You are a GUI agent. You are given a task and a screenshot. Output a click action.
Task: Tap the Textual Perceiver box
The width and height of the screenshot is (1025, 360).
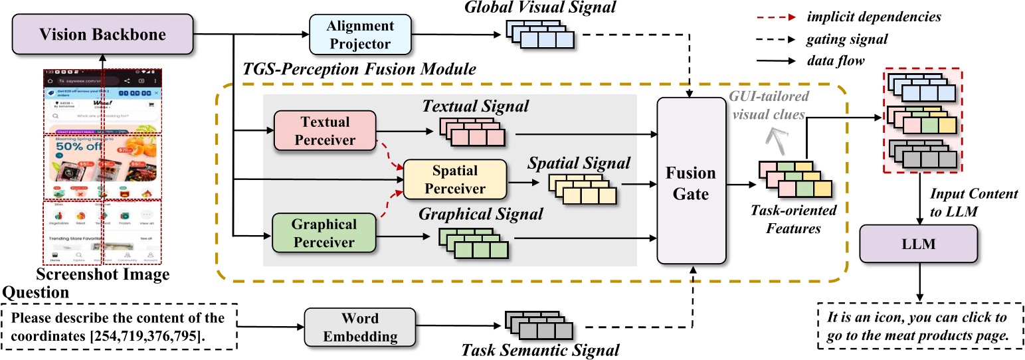324,130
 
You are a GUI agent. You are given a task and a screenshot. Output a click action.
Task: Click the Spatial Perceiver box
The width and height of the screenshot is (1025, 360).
455,179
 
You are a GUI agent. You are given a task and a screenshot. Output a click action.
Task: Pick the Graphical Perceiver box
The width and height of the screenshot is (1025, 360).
324,233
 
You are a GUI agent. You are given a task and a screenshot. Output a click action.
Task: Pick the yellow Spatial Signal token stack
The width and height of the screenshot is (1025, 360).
582,189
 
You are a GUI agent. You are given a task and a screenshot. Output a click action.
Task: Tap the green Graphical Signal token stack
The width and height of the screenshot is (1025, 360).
473,242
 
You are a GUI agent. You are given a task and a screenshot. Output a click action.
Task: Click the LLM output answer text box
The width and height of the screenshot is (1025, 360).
919,327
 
